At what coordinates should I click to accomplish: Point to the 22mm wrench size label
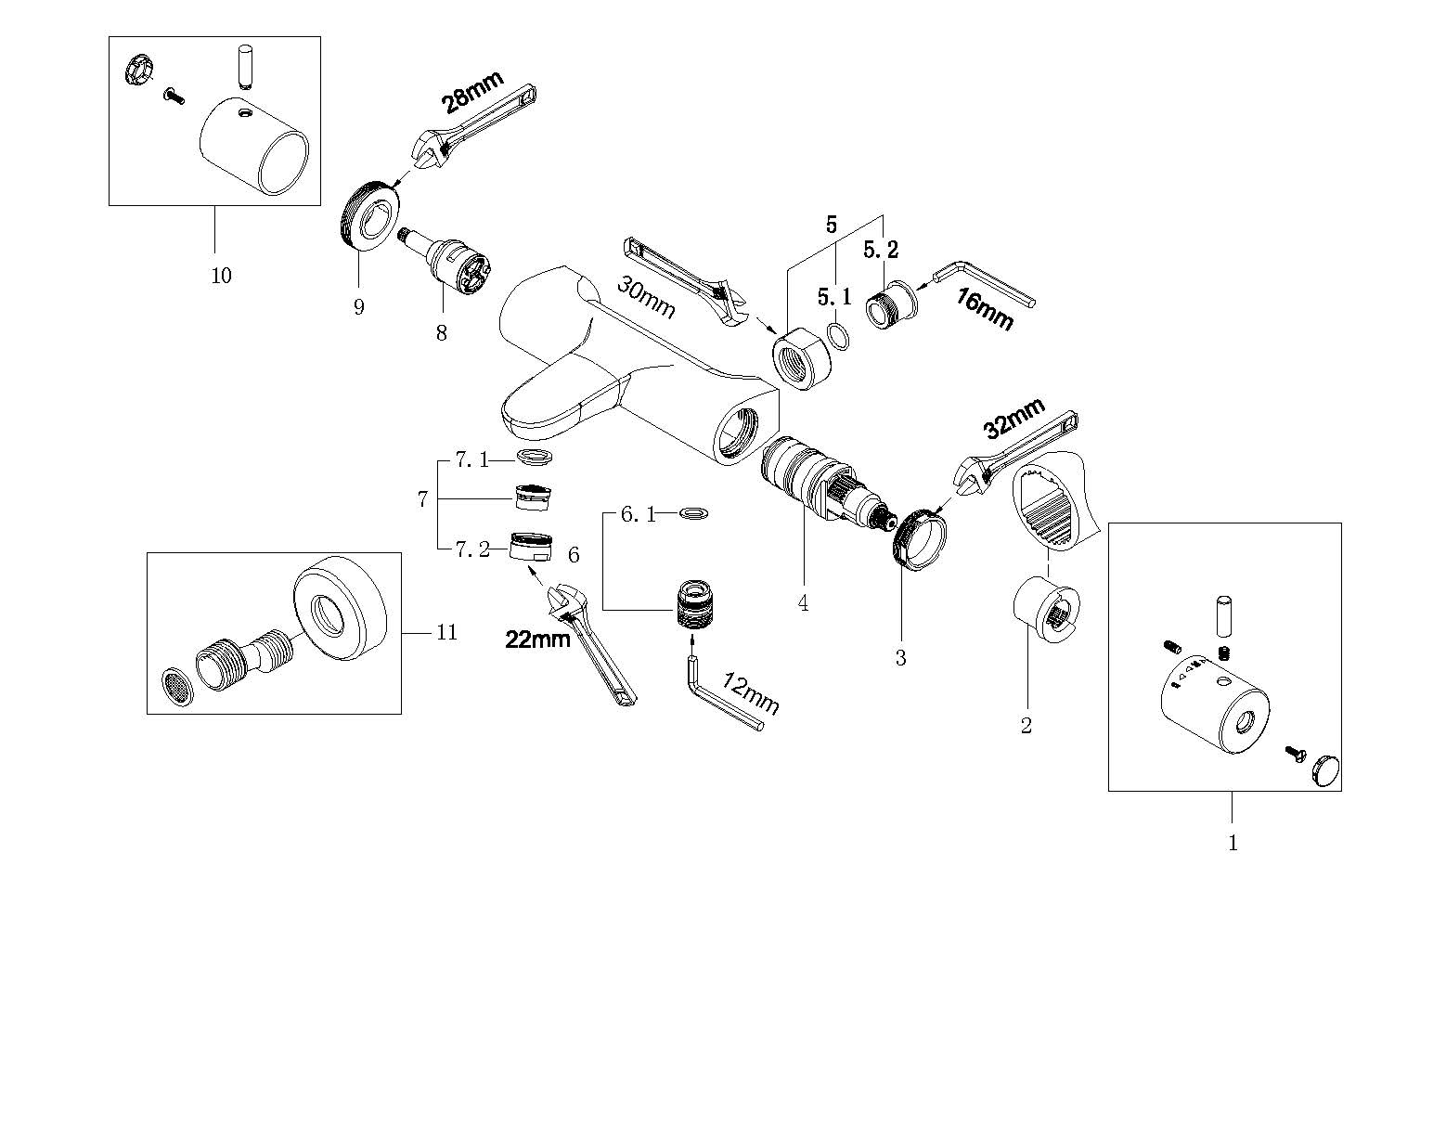(537, 640)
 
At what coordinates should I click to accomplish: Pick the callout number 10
(221, 276)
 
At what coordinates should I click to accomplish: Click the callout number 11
(447, 632)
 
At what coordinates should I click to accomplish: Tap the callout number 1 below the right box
(1233, 843)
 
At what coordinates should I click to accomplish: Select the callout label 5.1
(833, 297)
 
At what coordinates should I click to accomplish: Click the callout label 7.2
(471, 549)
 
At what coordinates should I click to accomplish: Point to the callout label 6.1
(638, 514)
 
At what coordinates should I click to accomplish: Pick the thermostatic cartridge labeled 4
(806, 484)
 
